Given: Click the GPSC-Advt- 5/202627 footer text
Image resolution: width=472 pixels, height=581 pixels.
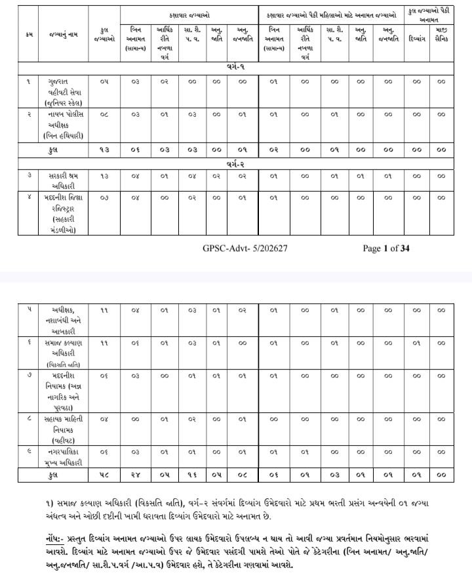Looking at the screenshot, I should tap(246, 248).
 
